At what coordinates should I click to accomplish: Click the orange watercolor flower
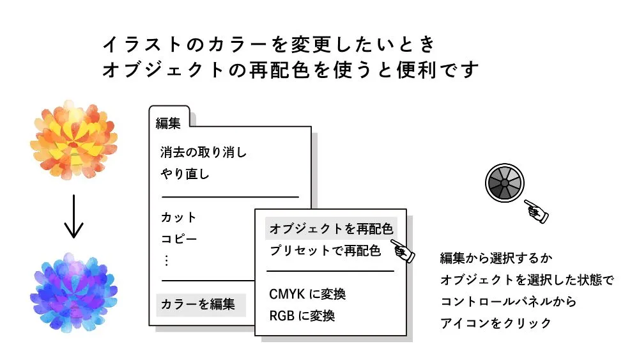(73, 138)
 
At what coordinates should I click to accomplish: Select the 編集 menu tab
(168, 123)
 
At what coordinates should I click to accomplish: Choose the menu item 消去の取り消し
(203, 153)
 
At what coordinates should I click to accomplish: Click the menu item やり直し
(185, 174)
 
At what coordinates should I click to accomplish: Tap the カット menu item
(179, 217)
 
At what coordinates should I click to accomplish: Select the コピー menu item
(179, 239)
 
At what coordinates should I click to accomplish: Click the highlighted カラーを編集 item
(198, 304)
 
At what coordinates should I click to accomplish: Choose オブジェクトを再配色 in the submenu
(331, 229)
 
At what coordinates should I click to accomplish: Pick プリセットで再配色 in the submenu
(325, 250)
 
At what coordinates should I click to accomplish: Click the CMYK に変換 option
(307, 295)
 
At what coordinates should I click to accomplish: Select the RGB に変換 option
(302, 316)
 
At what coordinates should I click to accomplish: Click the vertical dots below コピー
(167, 260)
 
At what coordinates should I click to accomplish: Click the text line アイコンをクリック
(495, 323)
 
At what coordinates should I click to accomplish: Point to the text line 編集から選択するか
(496, 258)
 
